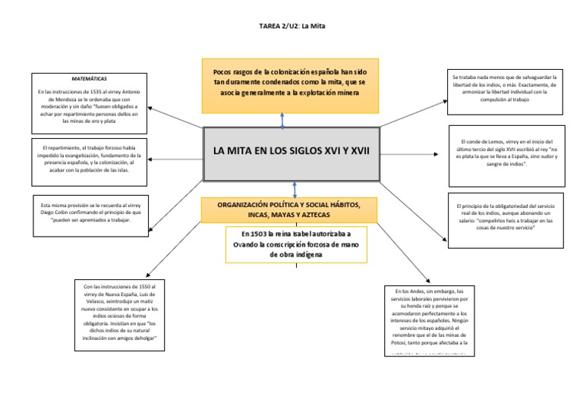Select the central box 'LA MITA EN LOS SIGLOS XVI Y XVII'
click(292, 153)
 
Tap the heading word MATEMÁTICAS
click(89, 78)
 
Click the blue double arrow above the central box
click(282, 120)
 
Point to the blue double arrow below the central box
click(293, 190)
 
